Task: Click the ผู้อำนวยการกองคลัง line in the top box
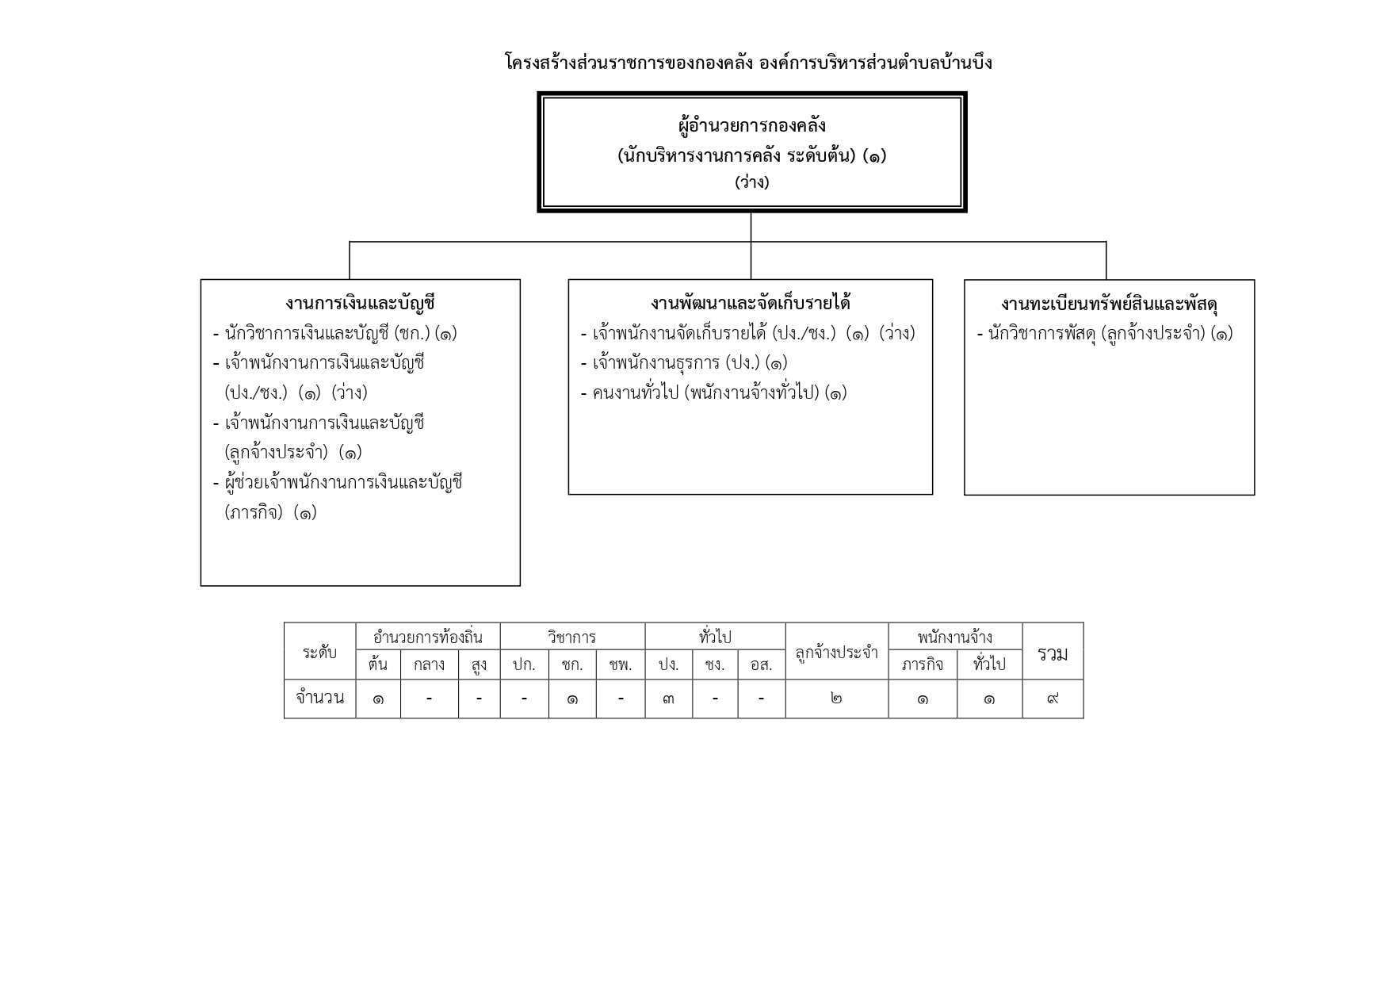pyautogui.click(x=752, y=125)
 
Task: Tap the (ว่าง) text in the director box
pyautogui.click(x=752, y=182)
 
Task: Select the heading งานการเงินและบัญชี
pyautogui.click(x=361, y=303)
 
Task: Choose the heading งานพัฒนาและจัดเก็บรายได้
pyautogui.click(x=751, y=303)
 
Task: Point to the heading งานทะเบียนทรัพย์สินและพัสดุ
pyautogui.click(x=1109, y=304)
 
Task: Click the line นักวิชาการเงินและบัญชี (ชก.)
pyautogui.click(x=335, y=333)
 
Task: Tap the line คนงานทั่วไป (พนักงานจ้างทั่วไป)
pyautogui.click(x=714, y=392)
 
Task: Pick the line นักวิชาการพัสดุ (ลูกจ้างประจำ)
pyautogui.click(x=1105, y=333)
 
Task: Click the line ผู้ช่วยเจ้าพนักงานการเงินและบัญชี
pyautogui.click(x=338, y=482)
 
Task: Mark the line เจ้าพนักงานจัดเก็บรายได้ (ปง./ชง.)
pyautogui.click(x=748, y=333)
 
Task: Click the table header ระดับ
pyautogui.click(x=319, y=652)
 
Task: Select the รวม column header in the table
pyautogui.click(x=1053, y=653)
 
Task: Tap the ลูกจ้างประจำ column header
pyautogui.click(x=837, y=653)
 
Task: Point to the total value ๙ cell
pyautogui.click(x=1053, y=699)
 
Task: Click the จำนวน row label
pyautogui.click(x=319, y=698)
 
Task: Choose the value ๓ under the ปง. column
pyautogui.click(x=668, y=699)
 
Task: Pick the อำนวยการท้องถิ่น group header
pyautogui.click(x=428, y=637)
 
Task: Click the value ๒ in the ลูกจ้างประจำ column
pyautogui.click(x=837, y=699)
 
